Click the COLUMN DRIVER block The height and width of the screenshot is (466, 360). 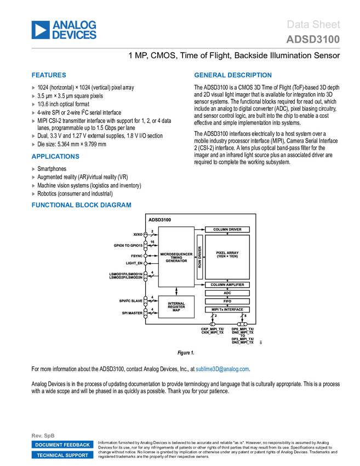227,229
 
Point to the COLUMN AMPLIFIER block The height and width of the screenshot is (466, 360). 227,285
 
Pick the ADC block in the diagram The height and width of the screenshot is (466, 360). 227,293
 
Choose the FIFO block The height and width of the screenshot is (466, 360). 227,302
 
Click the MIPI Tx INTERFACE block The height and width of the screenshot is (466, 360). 227,310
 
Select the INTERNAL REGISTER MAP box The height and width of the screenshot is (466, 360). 176,307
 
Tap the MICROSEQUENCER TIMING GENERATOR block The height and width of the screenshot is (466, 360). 176,257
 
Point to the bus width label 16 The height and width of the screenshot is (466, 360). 152,242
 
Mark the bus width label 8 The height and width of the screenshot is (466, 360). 245,316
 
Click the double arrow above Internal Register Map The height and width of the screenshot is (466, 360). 176,291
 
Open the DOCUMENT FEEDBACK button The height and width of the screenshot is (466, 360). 62,445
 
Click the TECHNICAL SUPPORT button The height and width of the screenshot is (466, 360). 62,455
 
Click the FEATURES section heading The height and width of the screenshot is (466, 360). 49,76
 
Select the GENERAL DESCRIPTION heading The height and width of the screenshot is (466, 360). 232,76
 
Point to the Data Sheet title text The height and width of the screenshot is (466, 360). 313,24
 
